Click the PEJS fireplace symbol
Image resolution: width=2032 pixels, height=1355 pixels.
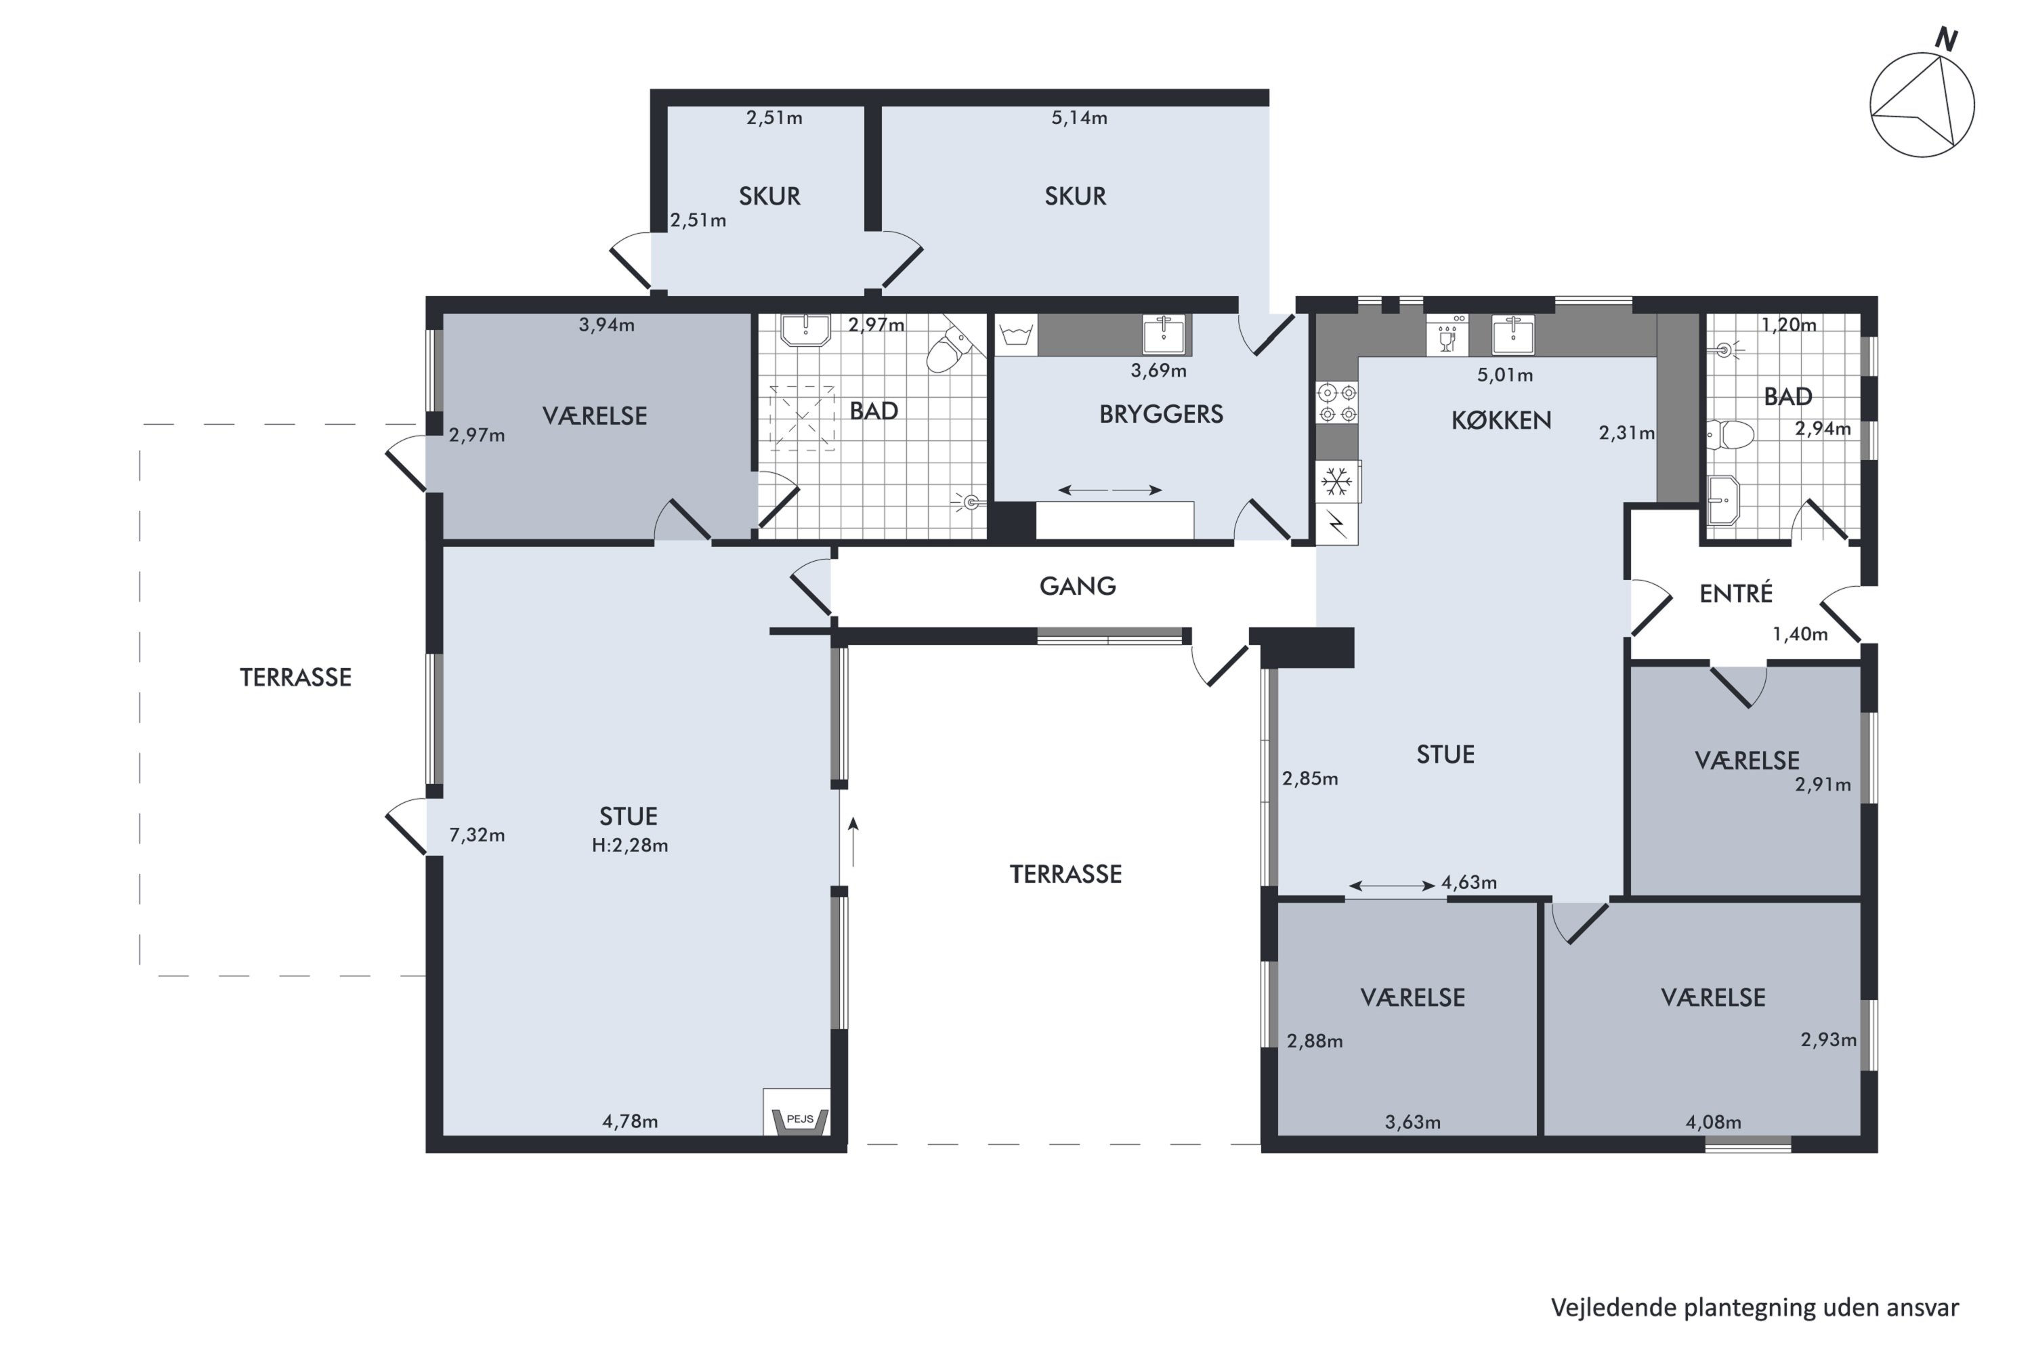[799, 1120]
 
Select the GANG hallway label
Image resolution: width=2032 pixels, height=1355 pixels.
[1078, 587]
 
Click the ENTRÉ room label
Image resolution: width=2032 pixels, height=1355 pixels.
[1735, 593]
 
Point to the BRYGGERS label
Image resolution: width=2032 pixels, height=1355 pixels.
[1160, 415]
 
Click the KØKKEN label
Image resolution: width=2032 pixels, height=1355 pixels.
[1501, 421]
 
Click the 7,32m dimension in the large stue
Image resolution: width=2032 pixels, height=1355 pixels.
[477, 835]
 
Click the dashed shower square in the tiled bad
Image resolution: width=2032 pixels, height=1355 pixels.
[802, 418]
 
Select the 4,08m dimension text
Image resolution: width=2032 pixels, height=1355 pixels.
[1713, 1123]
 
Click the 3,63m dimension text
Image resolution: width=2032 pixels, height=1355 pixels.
[1412, 1123]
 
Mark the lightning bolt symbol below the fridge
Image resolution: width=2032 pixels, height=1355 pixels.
[1336, 524]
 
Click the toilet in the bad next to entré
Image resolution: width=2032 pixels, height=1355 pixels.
[1731, 435]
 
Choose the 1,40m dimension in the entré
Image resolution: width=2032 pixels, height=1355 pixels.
[1800, 634]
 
